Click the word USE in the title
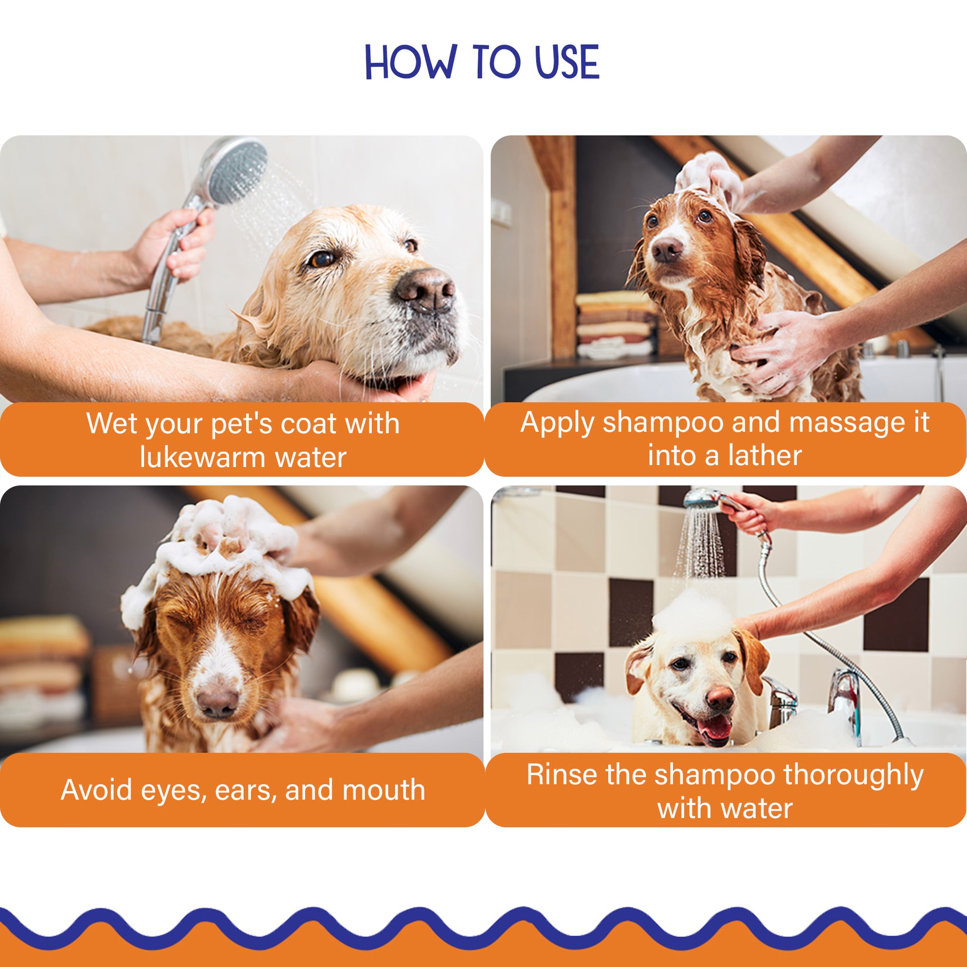(566, 62)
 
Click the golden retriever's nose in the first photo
(426, 290)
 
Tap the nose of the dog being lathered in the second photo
(667, 249)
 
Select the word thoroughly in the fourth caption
(853, 775)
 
